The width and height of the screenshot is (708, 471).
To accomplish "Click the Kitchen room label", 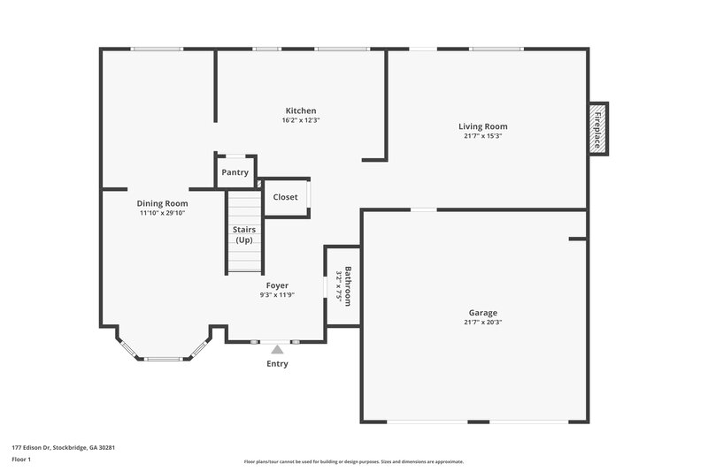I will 300,110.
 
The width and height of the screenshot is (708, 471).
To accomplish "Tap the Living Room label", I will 482,126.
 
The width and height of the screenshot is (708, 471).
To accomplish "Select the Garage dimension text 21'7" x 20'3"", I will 482,323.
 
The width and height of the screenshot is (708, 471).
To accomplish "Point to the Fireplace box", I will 599,129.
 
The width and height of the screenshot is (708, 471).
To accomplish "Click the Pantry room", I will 235,172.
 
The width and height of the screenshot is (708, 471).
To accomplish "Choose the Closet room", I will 285,197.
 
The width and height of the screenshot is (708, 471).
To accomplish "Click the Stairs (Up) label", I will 243,235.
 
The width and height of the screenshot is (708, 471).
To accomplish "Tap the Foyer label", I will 277,285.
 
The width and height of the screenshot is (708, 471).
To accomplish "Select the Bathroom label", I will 349,285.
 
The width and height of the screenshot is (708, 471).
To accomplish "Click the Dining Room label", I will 162,203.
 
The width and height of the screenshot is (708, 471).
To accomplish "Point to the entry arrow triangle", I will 276,350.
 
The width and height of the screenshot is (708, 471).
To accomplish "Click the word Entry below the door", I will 277,364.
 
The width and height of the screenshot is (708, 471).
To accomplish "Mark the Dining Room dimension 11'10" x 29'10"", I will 163,213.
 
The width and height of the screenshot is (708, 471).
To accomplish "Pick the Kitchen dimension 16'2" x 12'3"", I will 300,120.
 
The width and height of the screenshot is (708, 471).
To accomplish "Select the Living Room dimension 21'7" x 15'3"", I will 482,136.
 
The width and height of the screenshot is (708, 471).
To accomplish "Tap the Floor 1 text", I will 21,460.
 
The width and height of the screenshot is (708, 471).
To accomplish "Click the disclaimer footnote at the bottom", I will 353,461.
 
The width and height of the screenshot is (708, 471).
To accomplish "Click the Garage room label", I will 482,313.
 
